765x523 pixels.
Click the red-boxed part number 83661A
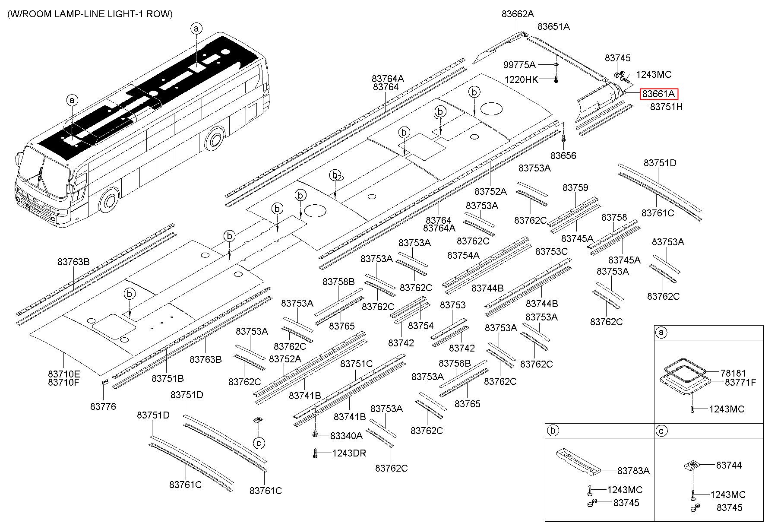[659, 94]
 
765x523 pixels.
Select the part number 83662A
[518, 14]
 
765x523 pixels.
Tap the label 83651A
[553, 27]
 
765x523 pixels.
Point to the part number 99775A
[519, 65]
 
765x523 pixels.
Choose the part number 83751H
[666, 107]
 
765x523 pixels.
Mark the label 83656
[563, 155]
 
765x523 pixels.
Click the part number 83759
[575, 188]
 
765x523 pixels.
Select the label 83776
[103, 406]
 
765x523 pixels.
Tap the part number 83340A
[346, 436]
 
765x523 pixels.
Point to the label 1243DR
[349, 453]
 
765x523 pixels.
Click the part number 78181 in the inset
[733, 373]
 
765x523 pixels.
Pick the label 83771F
[740, 382]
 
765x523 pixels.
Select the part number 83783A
[633, 471]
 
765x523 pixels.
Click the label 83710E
[64, 374]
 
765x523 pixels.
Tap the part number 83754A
[463, 256]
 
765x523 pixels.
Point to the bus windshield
[43, 168]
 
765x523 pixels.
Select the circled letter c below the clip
[259, 443]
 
